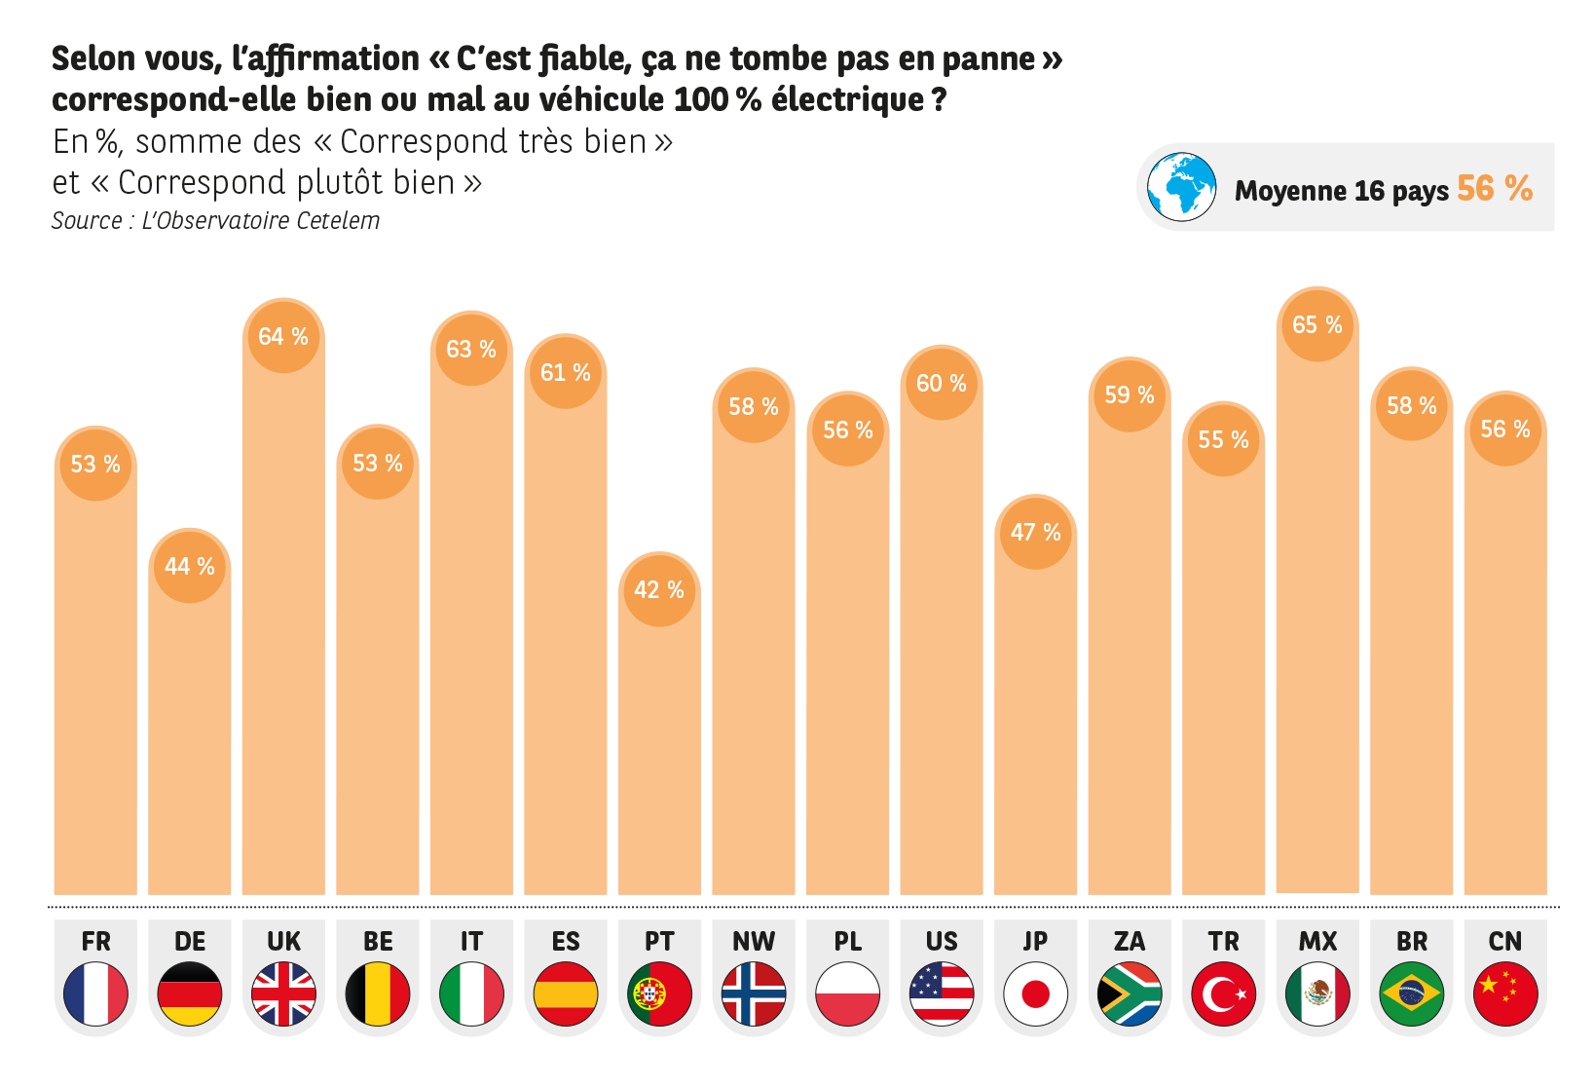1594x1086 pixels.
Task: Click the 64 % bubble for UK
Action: click(283, 337)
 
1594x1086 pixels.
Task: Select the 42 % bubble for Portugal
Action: click(659, 590)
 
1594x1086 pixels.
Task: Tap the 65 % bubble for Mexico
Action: click(1317, 325)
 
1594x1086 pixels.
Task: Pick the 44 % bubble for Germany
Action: click(190, 567)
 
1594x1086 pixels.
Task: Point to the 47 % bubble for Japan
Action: click(1036, 533)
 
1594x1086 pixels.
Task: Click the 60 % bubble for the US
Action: click(942, 384)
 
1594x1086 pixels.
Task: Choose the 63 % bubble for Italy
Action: click(471, 350)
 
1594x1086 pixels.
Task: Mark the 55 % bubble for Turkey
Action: click(1224, 440)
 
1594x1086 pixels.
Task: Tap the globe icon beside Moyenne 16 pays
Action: click(1181, 187)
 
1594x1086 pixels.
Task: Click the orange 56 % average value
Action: click(1495, 188)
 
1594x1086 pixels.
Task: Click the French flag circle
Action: click(95, 993)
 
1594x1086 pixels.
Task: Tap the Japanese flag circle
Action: click(1036, 993)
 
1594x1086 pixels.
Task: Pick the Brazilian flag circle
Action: click(1412, 993)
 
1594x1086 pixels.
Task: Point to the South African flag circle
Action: click(1130, 993)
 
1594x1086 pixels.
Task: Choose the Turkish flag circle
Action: click(1224, 993)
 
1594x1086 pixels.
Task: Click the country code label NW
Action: click(754, 942)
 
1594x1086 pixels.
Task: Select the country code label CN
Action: click(1505, 942)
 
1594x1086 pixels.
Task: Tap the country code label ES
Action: click(566, 942)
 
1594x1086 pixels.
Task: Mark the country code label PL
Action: click(848, 942)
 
